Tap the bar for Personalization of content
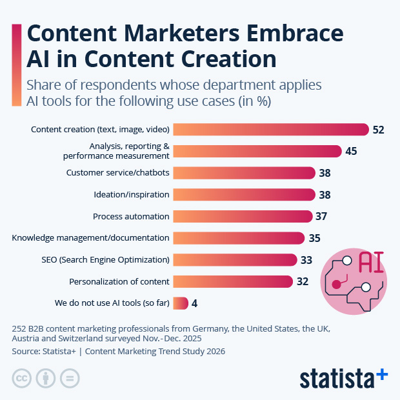(233, 281)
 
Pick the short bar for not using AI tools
(181, 303)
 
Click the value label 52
(378, 130)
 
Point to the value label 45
(351, 151)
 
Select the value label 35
(314, 238)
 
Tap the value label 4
(195, 303)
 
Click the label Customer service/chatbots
(118, 173)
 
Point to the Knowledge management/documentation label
(90, 238)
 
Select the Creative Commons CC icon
(22, 378)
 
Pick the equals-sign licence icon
(70, 378)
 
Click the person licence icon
(46, 378)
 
